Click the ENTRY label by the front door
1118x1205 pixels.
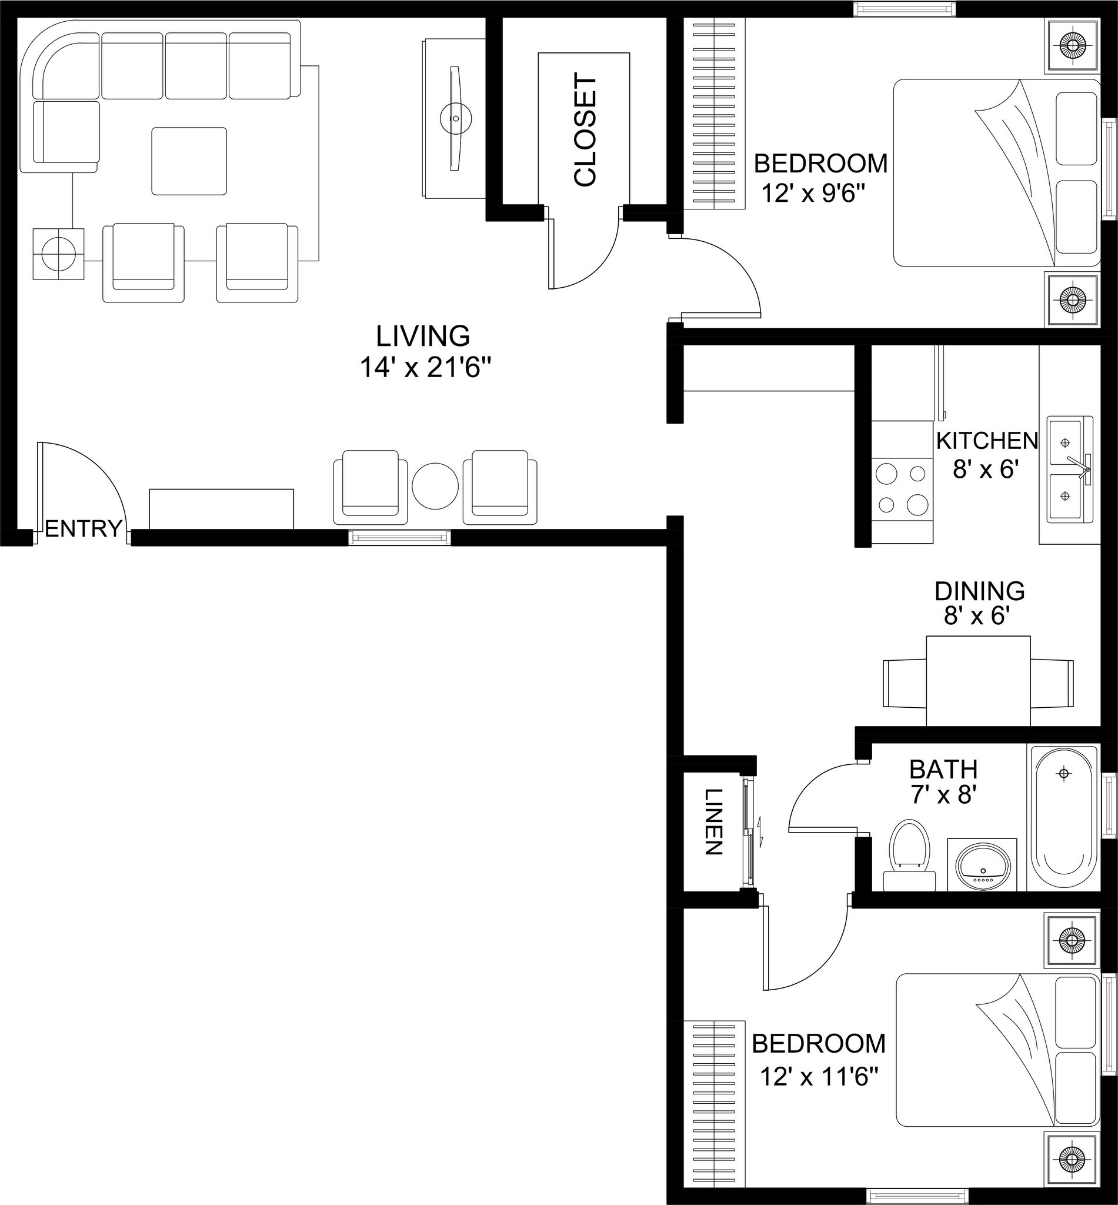pos(83,528)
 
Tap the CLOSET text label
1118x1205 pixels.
pos(585,130)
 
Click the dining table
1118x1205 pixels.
pos(978,680)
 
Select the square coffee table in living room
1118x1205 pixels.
pos(189,161)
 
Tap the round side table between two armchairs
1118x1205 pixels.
pos(435,486)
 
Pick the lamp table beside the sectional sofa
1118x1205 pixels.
pos(58,254)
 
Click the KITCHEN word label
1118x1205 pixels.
pos(987,441)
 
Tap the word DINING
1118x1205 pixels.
pos(979,590)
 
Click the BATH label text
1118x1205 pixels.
pos(943,769)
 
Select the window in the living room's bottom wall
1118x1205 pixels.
pos(399,537)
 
